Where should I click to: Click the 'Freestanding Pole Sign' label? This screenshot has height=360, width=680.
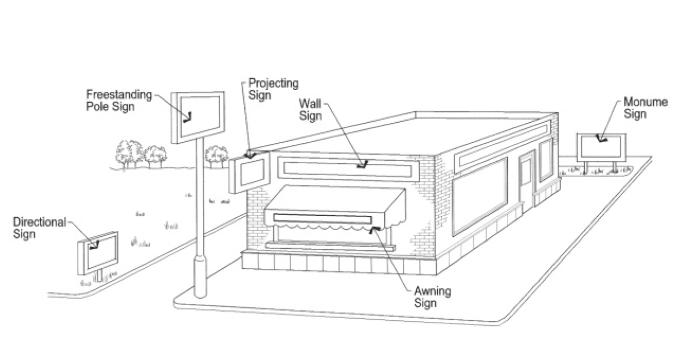pos(119,100)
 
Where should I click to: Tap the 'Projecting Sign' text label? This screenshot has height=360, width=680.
pos(273,89)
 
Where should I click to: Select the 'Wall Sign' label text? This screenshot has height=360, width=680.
pos(310,110)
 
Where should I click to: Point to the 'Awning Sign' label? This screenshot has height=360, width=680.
pos(432,297)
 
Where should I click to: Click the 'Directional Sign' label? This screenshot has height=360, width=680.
pos(39,228)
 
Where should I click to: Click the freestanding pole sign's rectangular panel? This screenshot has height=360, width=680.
pos(198,117)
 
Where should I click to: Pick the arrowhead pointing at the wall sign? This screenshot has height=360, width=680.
pos(362,165)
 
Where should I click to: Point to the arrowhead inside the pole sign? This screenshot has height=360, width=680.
pos(187,117)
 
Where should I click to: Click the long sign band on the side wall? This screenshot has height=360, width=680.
pos(503,144)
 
